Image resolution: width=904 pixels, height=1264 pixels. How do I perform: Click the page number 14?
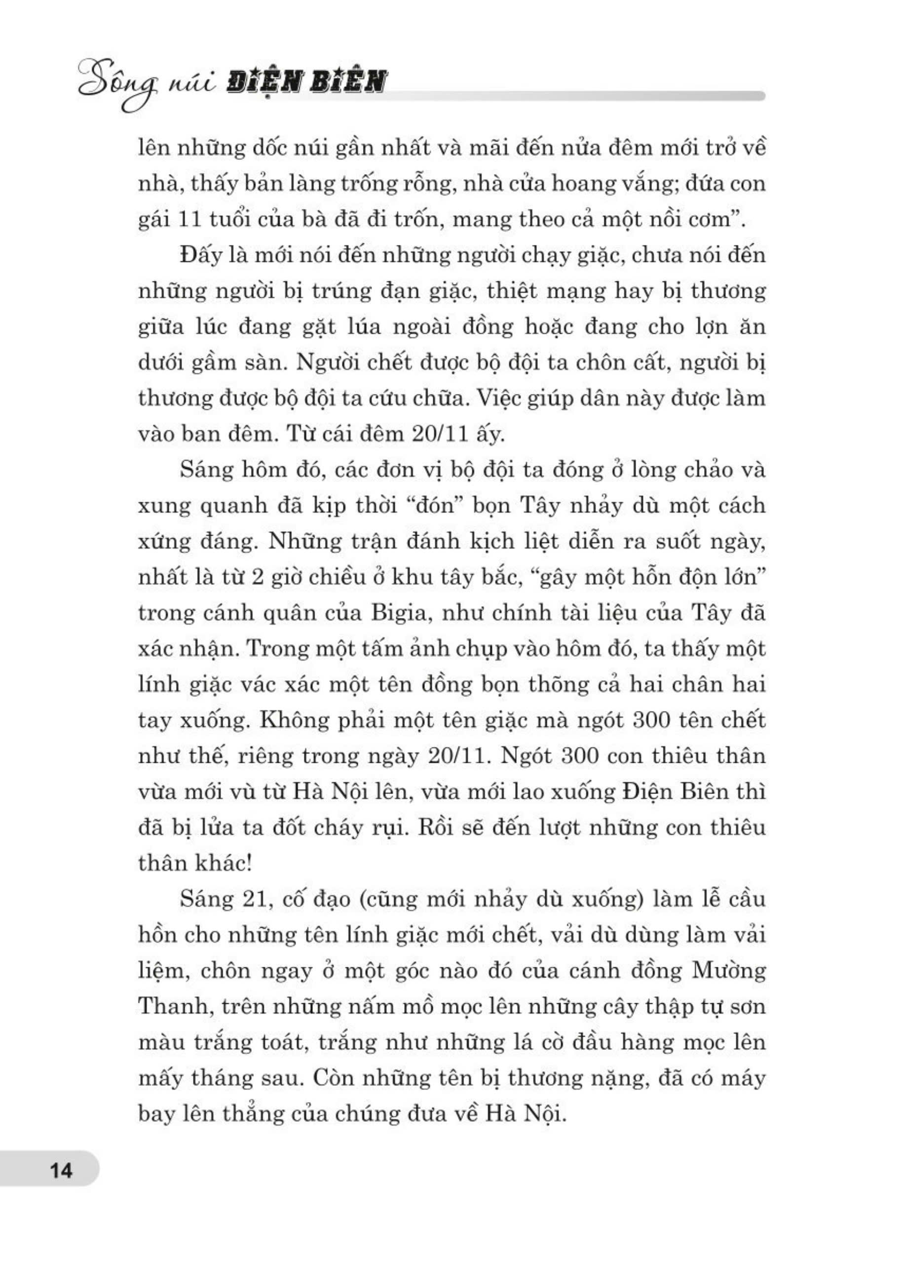pos(61,1171)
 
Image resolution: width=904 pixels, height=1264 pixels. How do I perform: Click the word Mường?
pos(729,971)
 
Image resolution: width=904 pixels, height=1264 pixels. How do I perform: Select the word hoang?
pos(582,183)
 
